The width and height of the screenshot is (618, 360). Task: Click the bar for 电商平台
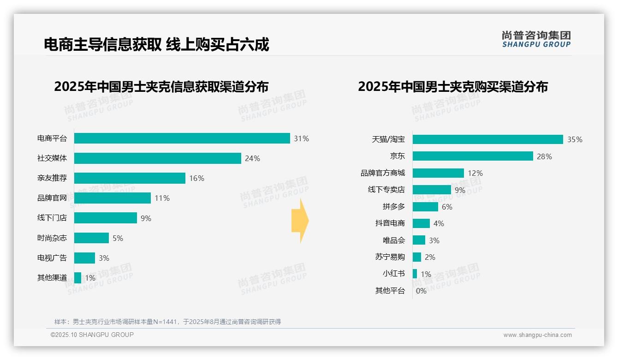[182, 138]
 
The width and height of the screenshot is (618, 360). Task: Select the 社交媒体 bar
[157, 158]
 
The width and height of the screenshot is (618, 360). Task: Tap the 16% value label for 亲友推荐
[196, 178]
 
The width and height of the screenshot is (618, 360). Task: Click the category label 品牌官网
[52, 198]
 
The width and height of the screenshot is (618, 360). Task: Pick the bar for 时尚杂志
[91, 238]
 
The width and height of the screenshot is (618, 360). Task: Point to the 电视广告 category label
[52, 258]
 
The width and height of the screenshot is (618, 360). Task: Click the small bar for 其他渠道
[77, 278]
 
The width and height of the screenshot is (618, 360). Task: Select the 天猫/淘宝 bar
[487, 139]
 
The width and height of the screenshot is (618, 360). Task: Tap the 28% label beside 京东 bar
[544, 156]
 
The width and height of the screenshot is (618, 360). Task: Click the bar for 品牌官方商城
[438, 173]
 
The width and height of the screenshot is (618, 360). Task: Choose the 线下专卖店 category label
[386, 190]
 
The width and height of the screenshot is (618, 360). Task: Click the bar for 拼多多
[425, 207]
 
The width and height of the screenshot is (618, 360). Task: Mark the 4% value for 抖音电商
[439, 223]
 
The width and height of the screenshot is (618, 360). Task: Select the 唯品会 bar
[419, 240]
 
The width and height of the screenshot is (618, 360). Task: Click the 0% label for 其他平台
[421, 291]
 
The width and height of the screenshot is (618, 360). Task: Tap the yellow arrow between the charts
[300, 221]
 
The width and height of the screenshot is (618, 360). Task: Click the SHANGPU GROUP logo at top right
[536, 39]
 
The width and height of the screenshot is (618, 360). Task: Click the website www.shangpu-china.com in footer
[537, 335]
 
